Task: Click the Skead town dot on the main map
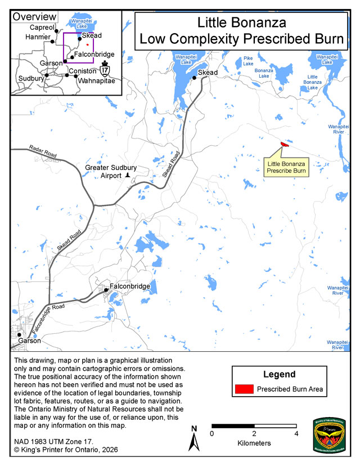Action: click(x=194, y=78)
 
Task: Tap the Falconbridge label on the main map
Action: click(x=130, y=286)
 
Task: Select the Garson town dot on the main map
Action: click(x=19, y=335)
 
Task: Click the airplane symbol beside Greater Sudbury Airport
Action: click(x=128, y=176)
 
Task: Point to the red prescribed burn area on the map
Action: click(x=284, y=145)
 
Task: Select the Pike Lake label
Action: click(x=248, y=60)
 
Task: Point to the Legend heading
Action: click(x=279, y=374)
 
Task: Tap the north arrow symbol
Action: click(x=193, y=438)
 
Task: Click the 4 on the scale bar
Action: click(x=296, y=433)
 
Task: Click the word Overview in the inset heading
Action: click(x=34, y=17)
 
